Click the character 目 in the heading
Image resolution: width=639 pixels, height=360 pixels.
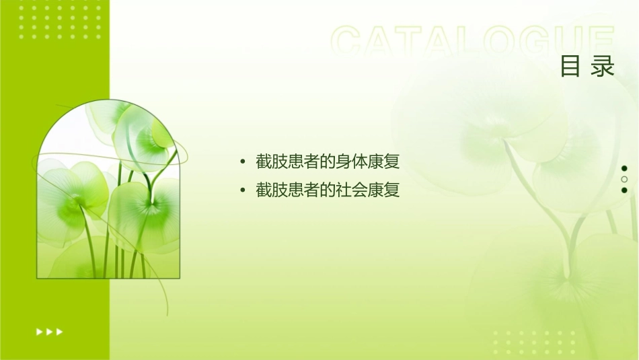[570, 66]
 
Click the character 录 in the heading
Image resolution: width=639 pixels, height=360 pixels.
[603, 66]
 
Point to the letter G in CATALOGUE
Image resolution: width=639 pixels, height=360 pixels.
[532, 42]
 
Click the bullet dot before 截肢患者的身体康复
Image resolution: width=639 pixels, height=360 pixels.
[243, 162]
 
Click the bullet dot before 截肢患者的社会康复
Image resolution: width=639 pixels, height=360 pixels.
[243, 190]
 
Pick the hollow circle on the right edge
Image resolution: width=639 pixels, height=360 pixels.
[624, 179]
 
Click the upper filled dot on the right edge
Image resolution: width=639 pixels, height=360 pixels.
[624, 168]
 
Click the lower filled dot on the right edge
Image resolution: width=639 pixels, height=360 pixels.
[624, 190]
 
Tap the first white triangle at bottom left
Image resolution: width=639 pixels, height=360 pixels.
[39, 331]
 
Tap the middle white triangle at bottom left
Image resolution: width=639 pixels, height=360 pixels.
[49, 331]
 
